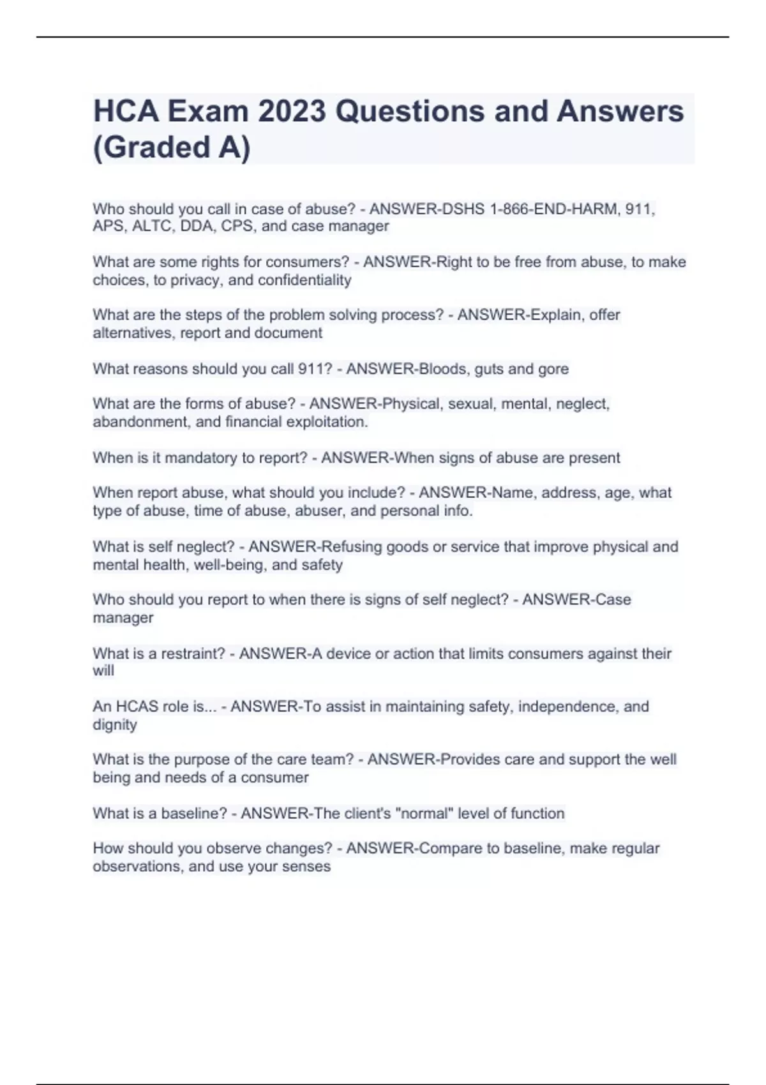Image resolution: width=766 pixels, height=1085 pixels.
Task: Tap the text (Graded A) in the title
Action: [172, 147]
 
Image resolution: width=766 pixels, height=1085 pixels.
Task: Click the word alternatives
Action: [131, 333]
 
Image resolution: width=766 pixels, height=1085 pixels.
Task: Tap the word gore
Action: [553, 369]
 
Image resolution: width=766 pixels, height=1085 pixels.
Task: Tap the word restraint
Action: [193, 654]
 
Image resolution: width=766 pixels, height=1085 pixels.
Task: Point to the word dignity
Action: [115, 725]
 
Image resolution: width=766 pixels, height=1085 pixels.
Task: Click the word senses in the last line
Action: [309, 866]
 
